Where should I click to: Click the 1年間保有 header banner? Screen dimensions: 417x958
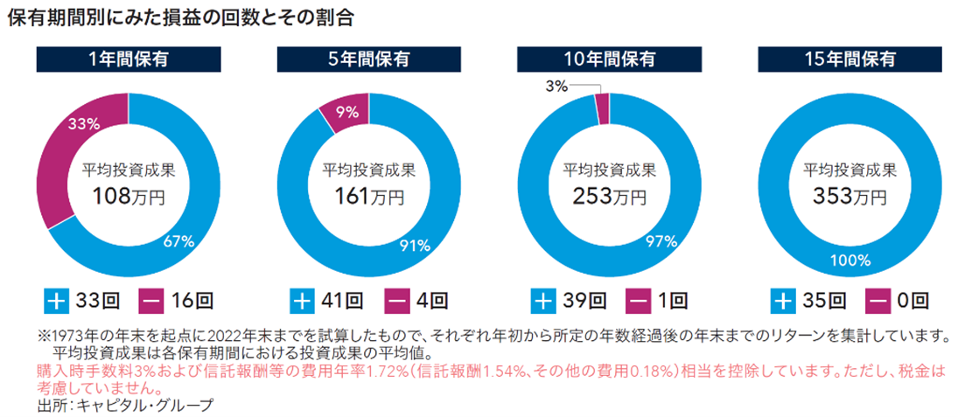click(x=128, y=60)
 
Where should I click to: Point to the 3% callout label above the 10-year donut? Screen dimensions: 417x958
click(x=556, y=86)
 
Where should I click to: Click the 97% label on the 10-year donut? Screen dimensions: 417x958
click(x=658, y=241)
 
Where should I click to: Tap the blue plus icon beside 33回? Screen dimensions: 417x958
click(x=55, y=302)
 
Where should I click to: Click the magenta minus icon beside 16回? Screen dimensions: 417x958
click(x=150, y=302)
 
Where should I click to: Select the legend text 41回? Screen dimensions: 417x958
click(x=342, y=302)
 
